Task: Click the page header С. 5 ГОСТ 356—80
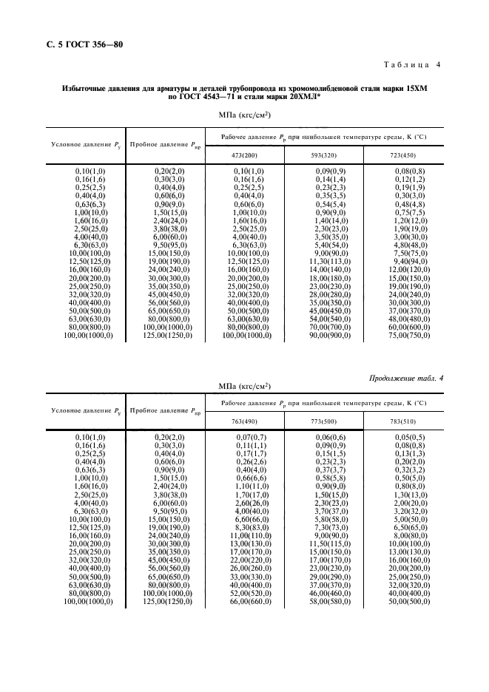79,45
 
